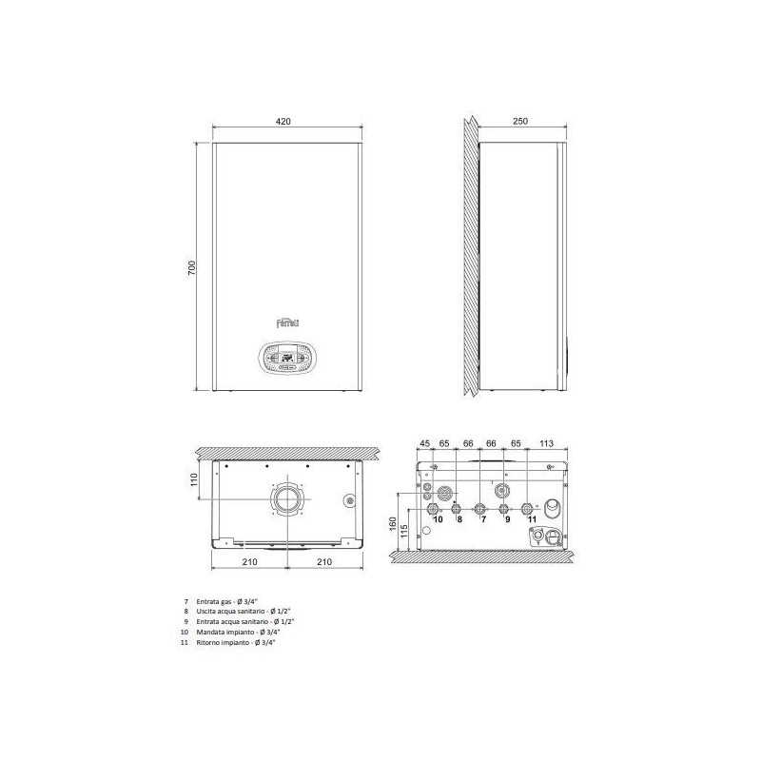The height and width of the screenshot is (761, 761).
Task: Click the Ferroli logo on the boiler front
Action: tap(285, 322)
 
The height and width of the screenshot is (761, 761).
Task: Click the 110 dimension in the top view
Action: tap(193, 479)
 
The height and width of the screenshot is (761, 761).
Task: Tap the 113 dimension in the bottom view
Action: tap(547, 442)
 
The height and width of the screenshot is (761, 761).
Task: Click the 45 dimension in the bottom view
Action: tap(425, 442)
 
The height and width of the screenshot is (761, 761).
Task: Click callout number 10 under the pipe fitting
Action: tap(438, 520)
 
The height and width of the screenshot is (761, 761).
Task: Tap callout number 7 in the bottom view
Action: tap(482, 520)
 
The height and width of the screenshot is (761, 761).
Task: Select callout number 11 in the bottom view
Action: tap(531, 520)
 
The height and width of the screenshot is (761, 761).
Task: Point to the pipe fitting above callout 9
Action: tap(507, 508)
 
